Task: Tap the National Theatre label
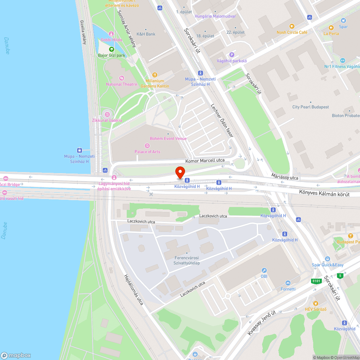[x=122, y=84]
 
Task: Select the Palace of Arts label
[x=147, y=152]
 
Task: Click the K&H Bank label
[x=145, y=34]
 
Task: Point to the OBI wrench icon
[x=264, y=270]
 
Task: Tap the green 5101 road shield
[x=316, y=281]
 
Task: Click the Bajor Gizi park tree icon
[x=111, y=49]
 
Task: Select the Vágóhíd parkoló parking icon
[x=232, y=55]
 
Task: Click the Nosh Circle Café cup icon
[x=292, y=26]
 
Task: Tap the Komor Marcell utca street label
[x=205, y=160]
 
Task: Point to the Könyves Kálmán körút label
[x=329, y=193]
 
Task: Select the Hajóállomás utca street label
[x=134, y=290]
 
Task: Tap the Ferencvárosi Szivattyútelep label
[x=187, y=260]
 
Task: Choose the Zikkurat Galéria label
[x=107, y=120]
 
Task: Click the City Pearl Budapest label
[x=310, y=107]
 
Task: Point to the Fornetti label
[x=288, y=289]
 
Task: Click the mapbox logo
[x=16, y=355]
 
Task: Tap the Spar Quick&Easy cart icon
[x=327, y=259]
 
